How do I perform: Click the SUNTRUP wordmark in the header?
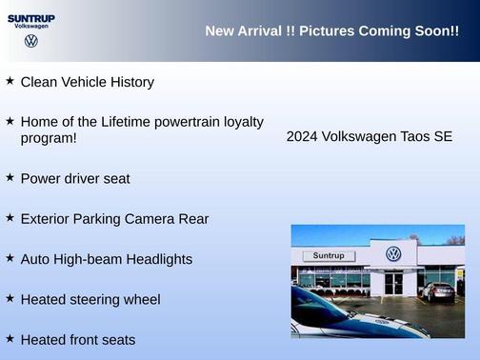click(31, 17)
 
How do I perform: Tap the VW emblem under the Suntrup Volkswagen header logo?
click(31, 41)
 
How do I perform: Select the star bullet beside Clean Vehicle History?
click(10, 81)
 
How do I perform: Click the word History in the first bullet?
click(130, 82)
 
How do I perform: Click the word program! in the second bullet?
click(49, 138)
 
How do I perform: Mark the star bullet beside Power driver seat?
click(10, 177)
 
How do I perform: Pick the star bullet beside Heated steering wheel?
click(10, 298)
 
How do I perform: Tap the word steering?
click(98, 300)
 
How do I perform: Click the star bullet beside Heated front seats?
click(10, 338)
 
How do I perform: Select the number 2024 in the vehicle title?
click(303, 137)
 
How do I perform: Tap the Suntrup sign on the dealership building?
click(328, 255)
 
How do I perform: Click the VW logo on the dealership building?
click(393, 253)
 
